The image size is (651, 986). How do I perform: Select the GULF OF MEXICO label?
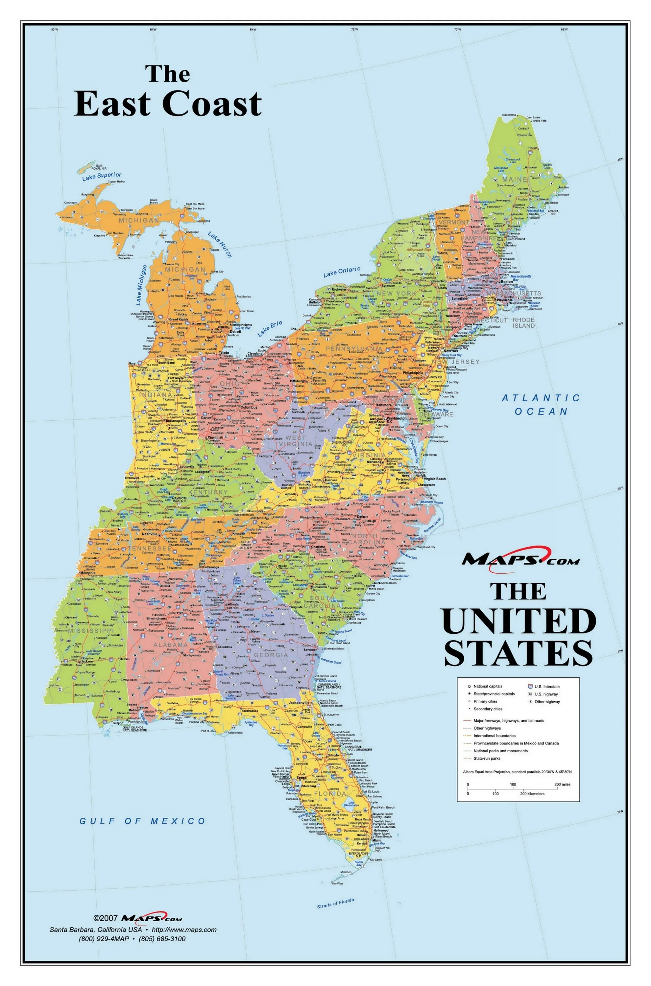pyautogui.click(x=142, y=821)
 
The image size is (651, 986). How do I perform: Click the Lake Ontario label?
pyautogui.click(x=342, y=272)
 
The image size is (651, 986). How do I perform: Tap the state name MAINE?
pyautogui.click(x=515, y=179)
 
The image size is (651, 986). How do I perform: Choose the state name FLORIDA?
pyautogui.click(x=330, y=793)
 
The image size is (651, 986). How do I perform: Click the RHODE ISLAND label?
pyautogui.click(x=523, y=323)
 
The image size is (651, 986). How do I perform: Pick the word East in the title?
pyautogui.click(x=112, y=104)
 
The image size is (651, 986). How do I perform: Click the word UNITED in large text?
pyautogui.click(x=519, y=621)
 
